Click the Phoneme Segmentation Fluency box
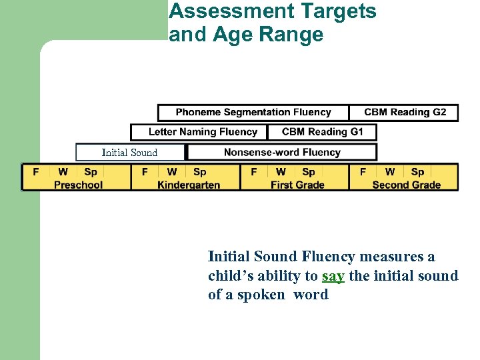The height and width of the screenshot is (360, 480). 253,112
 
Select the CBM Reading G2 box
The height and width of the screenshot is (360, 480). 405,112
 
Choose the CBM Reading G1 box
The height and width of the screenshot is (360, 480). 322,132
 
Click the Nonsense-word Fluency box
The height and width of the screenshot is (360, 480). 282,152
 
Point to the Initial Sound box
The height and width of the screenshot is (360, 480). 129,153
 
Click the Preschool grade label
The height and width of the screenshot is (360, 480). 78,185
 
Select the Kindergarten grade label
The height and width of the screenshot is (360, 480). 189,185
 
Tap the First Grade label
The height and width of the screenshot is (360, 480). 297,185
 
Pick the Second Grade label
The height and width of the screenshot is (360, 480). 406,185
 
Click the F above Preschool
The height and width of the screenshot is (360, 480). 36,172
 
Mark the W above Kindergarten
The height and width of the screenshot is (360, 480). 172,172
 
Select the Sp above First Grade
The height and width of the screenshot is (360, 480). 309,172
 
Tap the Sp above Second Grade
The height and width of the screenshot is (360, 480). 417,172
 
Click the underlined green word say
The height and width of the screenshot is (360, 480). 333,276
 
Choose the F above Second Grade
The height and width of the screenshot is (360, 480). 363,172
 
